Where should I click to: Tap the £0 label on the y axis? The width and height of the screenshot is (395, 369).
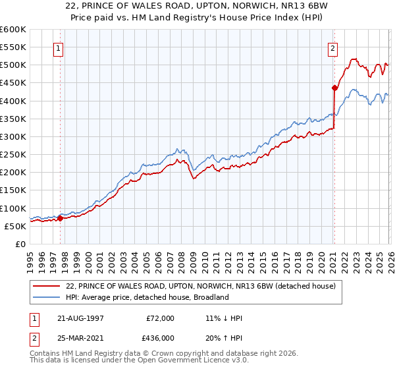[x=21, y=244]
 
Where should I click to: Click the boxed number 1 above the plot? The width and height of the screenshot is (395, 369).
[x=59, y=47]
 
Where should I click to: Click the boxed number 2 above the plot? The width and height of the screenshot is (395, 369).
[x=333, y=47]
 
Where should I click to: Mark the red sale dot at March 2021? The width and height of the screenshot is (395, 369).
[x=334, y=88]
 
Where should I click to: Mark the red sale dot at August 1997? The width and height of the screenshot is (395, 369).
[x=60, y=218]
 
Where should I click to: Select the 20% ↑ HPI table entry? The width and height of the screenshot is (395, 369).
[x=224, y=337]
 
